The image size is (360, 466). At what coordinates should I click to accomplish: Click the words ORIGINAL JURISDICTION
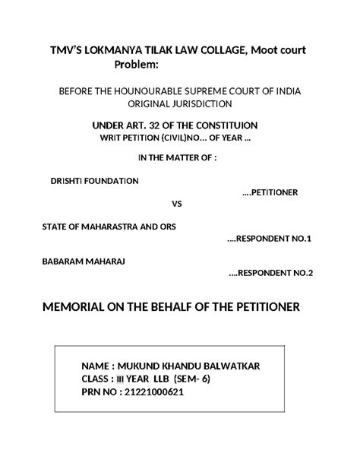tap(180, 103)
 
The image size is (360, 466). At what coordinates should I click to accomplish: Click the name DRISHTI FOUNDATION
tap(94, 182)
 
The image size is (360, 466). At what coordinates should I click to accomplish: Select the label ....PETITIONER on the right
tap(270, 192)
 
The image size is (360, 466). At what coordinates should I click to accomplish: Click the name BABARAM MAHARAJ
tap(83, 261)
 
